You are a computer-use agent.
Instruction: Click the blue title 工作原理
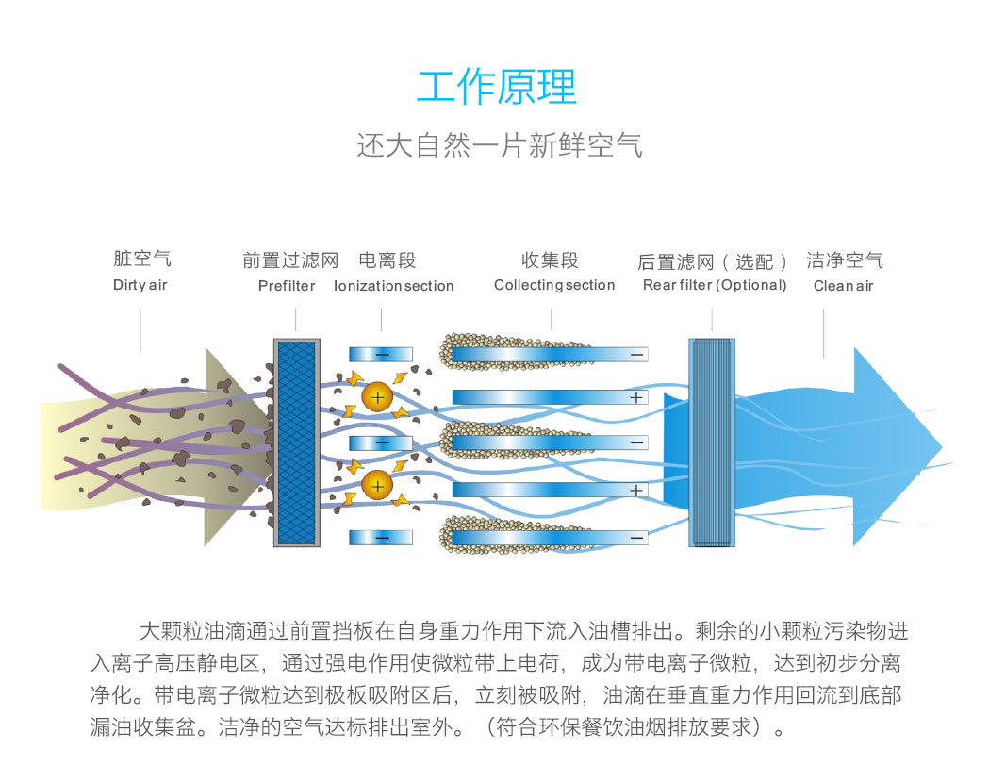497,87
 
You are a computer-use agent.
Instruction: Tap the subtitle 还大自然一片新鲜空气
500,145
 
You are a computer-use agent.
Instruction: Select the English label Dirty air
140,285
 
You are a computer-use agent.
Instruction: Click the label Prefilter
287,286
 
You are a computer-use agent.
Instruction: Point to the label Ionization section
393,286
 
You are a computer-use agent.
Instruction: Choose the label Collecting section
553,285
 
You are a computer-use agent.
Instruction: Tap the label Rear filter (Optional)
715,285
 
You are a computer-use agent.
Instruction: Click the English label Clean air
843,286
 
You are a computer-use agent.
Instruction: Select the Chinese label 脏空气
142,258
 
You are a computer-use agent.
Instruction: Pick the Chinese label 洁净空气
845,260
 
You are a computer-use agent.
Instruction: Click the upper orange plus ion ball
377,397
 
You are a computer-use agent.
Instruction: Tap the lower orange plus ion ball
377,486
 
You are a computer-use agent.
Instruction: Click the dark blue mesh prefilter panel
296,442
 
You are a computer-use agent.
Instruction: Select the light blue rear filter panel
712,442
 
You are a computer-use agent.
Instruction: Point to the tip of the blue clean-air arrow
942,447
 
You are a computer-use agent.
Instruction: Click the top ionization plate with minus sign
381,355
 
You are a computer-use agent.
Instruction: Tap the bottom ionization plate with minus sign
381,538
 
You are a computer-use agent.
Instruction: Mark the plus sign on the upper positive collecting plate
635,397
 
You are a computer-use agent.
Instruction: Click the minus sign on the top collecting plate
637,355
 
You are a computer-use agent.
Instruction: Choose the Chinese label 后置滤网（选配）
712,261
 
